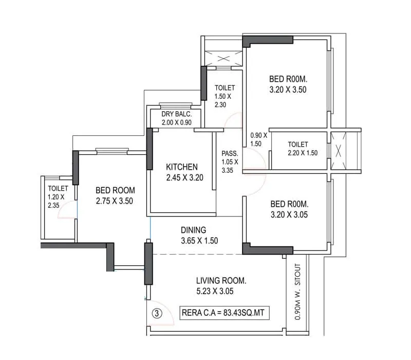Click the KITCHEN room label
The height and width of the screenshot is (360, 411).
pos(182,167)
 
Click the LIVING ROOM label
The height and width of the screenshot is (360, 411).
pos(221,281)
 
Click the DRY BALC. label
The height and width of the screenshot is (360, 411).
pos(176,114)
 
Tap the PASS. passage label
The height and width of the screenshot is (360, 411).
pos(229,154)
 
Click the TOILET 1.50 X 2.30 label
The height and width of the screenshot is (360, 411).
pos(225,96)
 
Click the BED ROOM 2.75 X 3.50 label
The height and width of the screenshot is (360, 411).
pos(115,195)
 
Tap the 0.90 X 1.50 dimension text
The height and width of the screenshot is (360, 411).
pos(258,139)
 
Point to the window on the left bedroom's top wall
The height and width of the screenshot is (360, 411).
pos(110,152)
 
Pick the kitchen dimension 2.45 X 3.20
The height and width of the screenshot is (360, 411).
pos(185,178)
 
